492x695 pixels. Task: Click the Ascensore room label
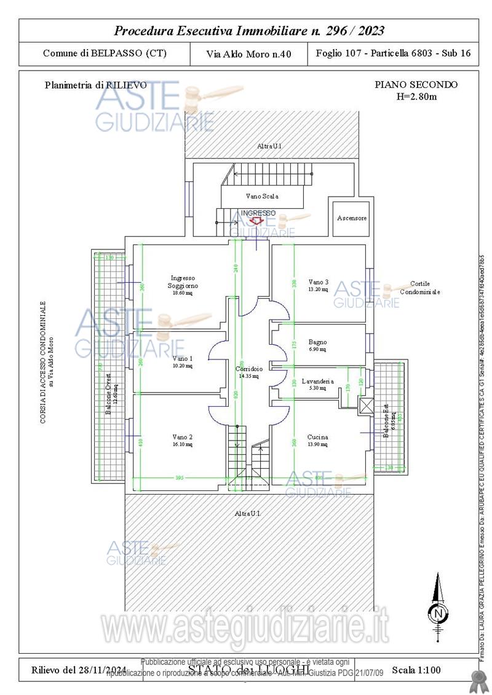coord(352,218)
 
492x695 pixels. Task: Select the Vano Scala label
coord(263,196)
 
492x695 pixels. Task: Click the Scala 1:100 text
coord(416,670)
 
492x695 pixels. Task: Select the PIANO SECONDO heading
coord(416,85)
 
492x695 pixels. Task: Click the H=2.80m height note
coord(416,96)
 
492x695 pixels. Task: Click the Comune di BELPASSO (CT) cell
coord(105,53)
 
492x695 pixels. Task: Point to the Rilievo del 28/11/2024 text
coord(79,670)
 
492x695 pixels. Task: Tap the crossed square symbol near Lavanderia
coord(365,404)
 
